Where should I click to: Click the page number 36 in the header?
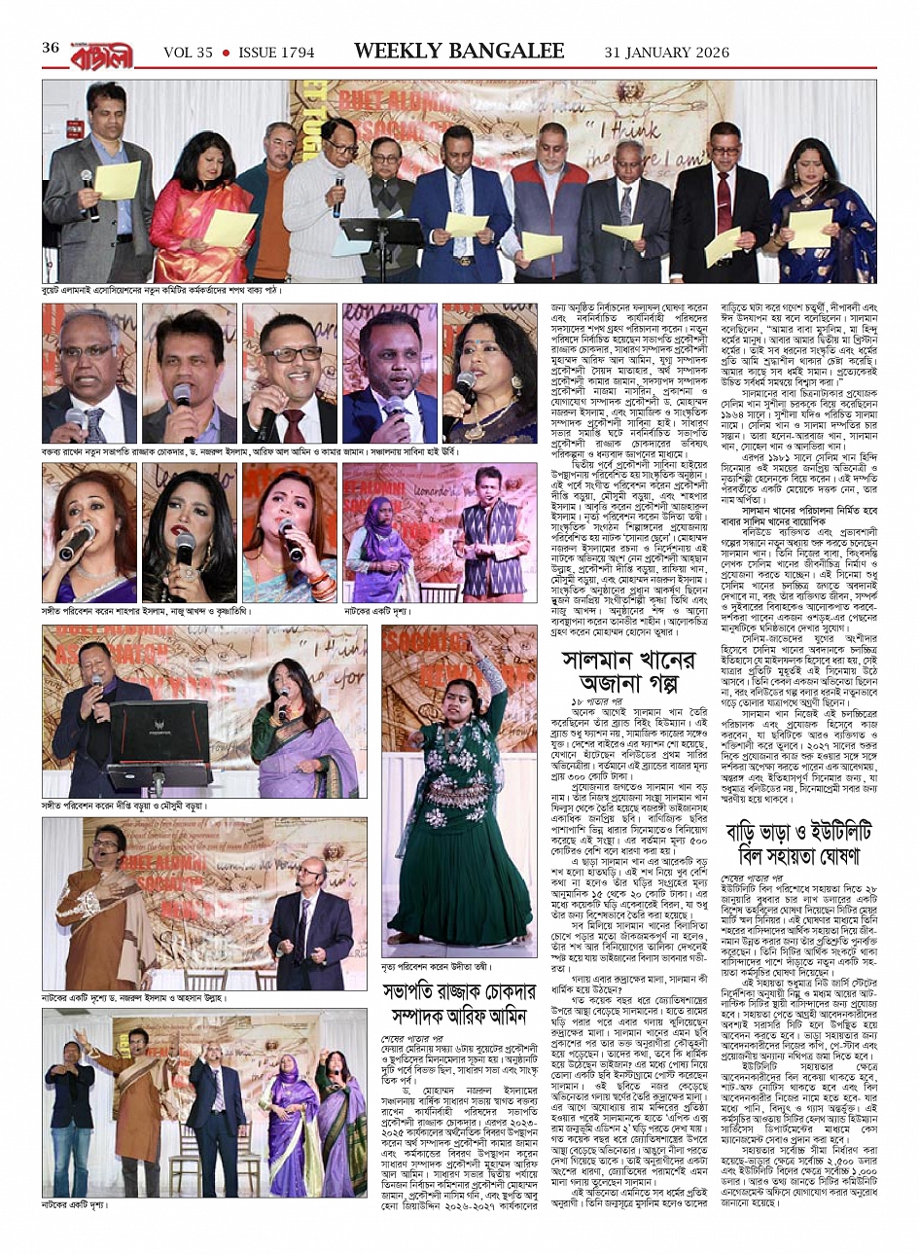51,48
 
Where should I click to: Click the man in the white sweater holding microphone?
330,199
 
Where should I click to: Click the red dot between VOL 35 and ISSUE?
226,52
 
